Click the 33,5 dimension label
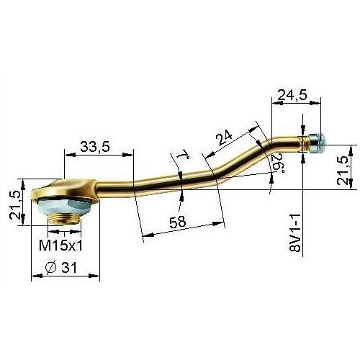pyautogui.click(x=95, y=146)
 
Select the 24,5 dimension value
pyautogui.click(x=292, y=95)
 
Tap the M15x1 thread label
pyautogui.click(x=60, y=246)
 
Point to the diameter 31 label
pyautogui.click(x=61, y=267)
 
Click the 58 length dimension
pyautogui.click(x=178, y=222)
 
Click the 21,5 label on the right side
pyautogui.click(x=343, y=170)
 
